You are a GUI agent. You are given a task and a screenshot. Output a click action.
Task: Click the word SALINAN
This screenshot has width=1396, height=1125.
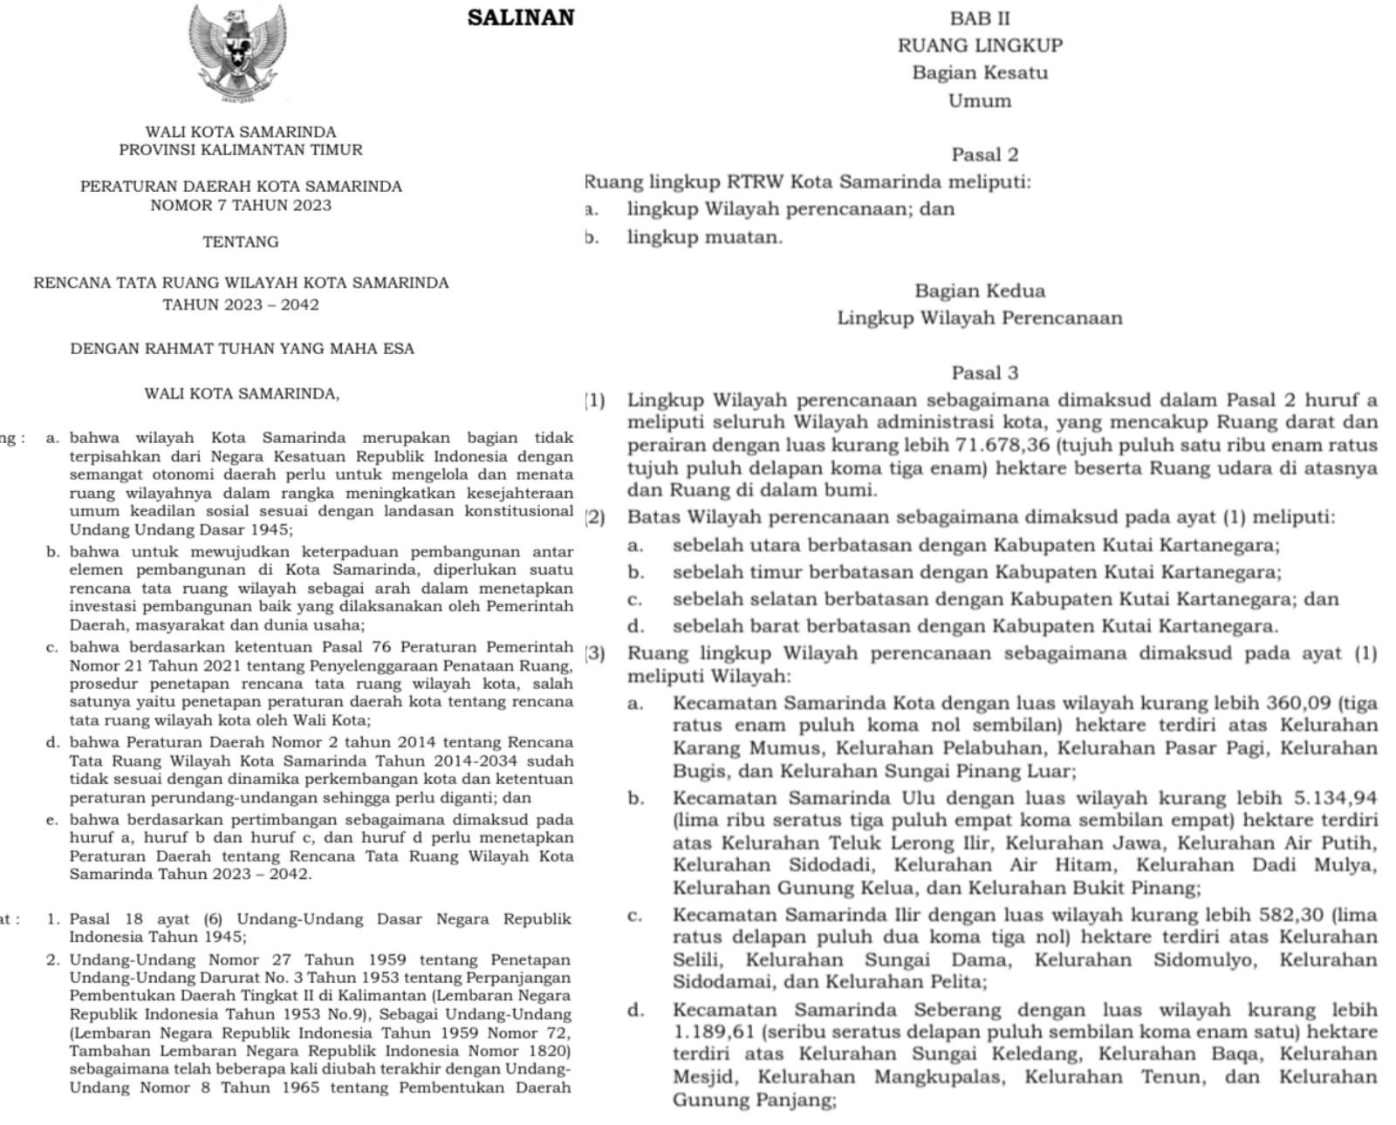coord(521,18)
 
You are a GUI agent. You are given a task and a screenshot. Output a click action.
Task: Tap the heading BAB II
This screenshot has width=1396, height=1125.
coord(980,17)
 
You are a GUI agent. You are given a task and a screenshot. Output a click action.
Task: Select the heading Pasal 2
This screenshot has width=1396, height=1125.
coord(984,155)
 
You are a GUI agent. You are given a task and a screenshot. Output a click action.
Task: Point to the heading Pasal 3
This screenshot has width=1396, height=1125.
coord(984,373)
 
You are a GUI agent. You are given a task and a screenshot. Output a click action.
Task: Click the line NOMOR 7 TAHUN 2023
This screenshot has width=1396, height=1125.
coord(241,206)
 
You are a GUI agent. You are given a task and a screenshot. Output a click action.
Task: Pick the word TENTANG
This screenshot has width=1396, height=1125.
coord(241,242)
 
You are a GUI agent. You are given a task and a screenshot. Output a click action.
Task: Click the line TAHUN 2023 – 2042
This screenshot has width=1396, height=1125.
coord(241,305)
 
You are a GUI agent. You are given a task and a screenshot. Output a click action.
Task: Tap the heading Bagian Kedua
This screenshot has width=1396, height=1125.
coord(980,291)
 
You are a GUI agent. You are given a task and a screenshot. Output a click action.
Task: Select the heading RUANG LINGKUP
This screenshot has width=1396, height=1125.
coord(980,45)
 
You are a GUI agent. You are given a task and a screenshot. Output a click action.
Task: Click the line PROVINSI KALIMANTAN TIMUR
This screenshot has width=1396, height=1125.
coord(241,150)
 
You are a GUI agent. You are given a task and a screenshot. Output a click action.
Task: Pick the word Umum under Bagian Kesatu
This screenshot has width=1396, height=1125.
coord(980,101)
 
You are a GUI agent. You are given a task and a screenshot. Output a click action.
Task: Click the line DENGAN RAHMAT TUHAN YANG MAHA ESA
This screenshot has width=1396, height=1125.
coord(242,349)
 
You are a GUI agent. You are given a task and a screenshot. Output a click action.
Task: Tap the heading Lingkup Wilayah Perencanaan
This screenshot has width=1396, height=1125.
coord(980,318)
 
